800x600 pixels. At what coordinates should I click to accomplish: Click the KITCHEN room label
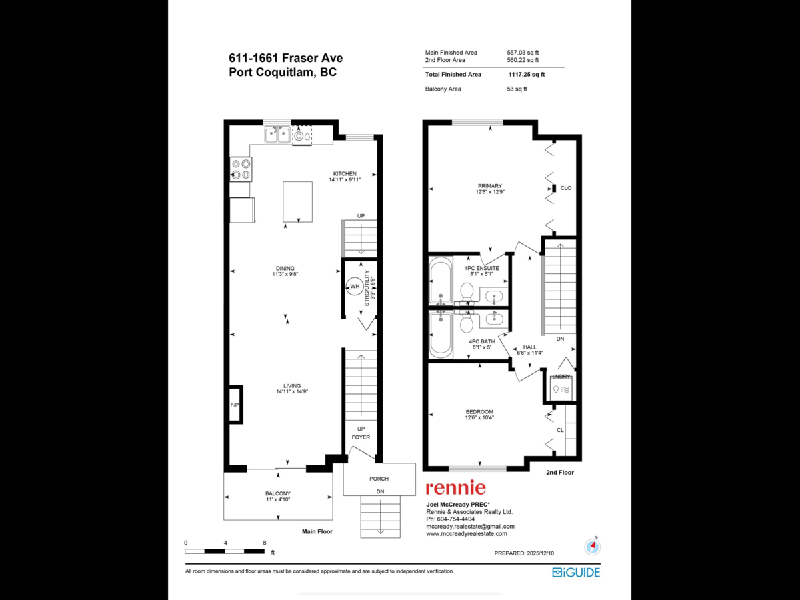coord(345,174)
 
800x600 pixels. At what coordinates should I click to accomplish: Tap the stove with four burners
coord(240,169)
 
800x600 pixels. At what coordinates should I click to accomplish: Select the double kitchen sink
coord(277,135)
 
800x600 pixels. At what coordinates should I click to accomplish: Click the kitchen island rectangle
coord(297,201)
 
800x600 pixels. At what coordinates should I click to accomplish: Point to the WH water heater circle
coord(355,287)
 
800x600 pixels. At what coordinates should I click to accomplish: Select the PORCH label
coord(379,479)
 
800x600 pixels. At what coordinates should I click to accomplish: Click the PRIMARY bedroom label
coord(489,186)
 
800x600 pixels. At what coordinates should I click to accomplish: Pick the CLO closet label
coord(566,188)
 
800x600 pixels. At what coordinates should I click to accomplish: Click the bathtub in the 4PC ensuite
coord(441,280)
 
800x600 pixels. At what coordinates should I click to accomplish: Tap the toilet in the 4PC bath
coord(467,323)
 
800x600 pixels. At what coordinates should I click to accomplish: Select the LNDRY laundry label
coord(560,377)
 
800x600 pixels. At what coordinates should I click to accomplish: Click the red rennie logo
coord(455,488)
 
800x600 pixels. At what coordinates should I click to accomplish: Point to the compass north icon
coord(592,547)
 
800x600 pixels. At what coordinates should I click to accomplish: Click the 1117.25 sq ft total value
coord(526,75)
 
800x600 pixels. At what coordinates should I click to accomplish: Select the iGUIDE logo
coord(576,572)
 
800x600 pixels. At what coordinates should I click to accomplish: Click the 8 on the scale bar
coord(265,543)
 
